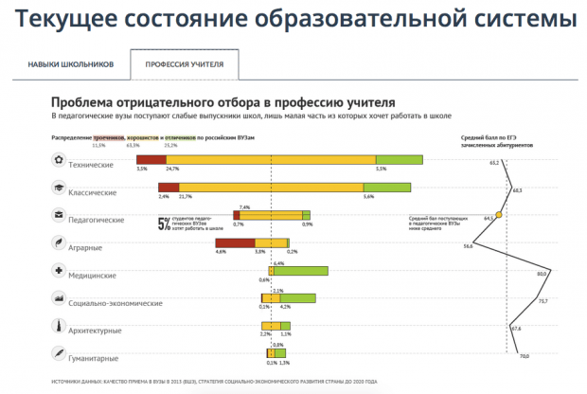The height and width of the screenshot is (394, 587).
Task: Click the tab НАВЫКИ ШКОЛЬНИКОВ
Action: click(70, 64)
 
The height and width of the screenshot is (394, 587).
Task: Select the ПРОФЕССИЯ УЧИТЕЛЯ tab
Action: click(184, 64)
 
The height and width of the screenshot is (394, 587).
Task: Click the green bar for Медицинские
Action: click(302, 270)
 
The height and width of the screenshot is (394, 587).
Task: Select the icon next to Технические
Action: click(59, 162)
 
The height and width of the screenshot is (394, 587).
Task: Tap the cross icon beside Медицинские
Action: click(59, 272)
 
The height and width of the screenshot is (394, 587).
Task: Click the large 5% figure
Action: click(163, 224)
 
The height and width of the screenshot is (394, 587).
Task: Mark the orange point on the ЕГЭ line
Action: click(499, 215)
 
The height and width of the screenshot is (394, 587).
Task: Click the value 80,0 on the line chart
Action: click(543, 274)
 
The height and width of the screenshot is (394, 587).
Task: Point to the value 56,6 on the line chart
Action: click(467, 246)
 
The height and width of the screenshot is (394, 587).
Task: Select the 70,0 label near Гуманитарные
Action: click(524, 356)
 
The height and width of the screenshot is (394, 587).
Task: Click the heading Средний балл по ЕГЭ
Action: click(491, 137)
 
